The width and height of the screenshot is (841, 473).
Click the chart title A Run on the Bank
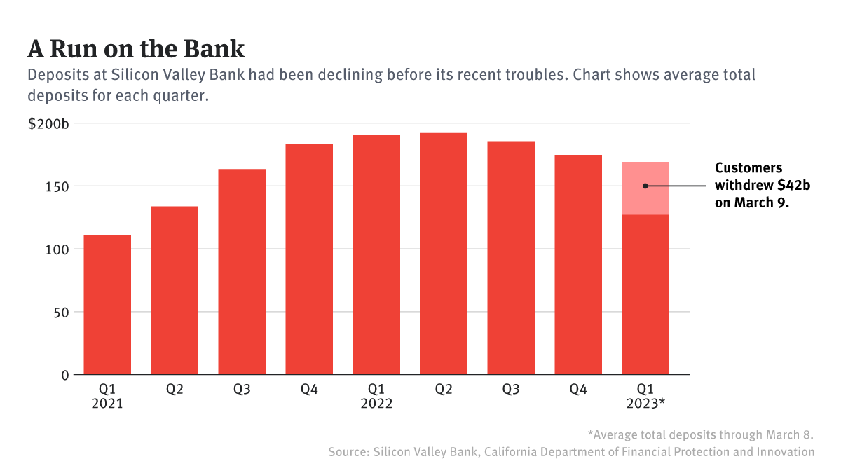pyautogui.click(x=136, y=49)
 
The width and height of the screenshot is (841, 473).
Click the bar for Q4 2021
pyautogui.click(x=309, y=259)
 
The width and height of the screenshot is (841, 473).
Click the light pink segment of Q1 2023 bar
pyautogui.click(x=645, y=175)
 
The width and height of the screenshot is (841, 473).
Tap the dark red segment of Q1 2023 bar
pyautogui.click(x=645, y=294)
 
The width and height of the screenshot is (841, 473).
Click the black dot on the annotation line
pyautogui.click(x=645, y=186)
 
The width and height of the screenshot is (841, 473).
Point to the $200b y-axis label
pyautogui.click(x=48, y=124)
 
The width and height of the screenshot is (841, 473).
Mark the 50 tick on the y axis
pyautogui.click(x=62, y=312)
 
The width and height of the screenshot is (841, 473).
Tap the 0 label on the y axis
pyautogui.click(x=65, y=375)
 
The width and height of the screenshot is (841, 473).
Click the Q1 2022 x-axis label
pyautogui.click(x=376, y=397)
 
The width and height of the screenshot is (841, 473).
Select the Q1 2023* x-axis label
pyautogui.click(x=645, y=397)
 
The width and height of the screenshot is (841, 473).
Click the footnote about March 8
pyautogui.click(x=700, y=434)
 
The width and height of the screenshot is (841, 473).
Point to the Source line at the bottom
pyautogui.click(x=571, y=452)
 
